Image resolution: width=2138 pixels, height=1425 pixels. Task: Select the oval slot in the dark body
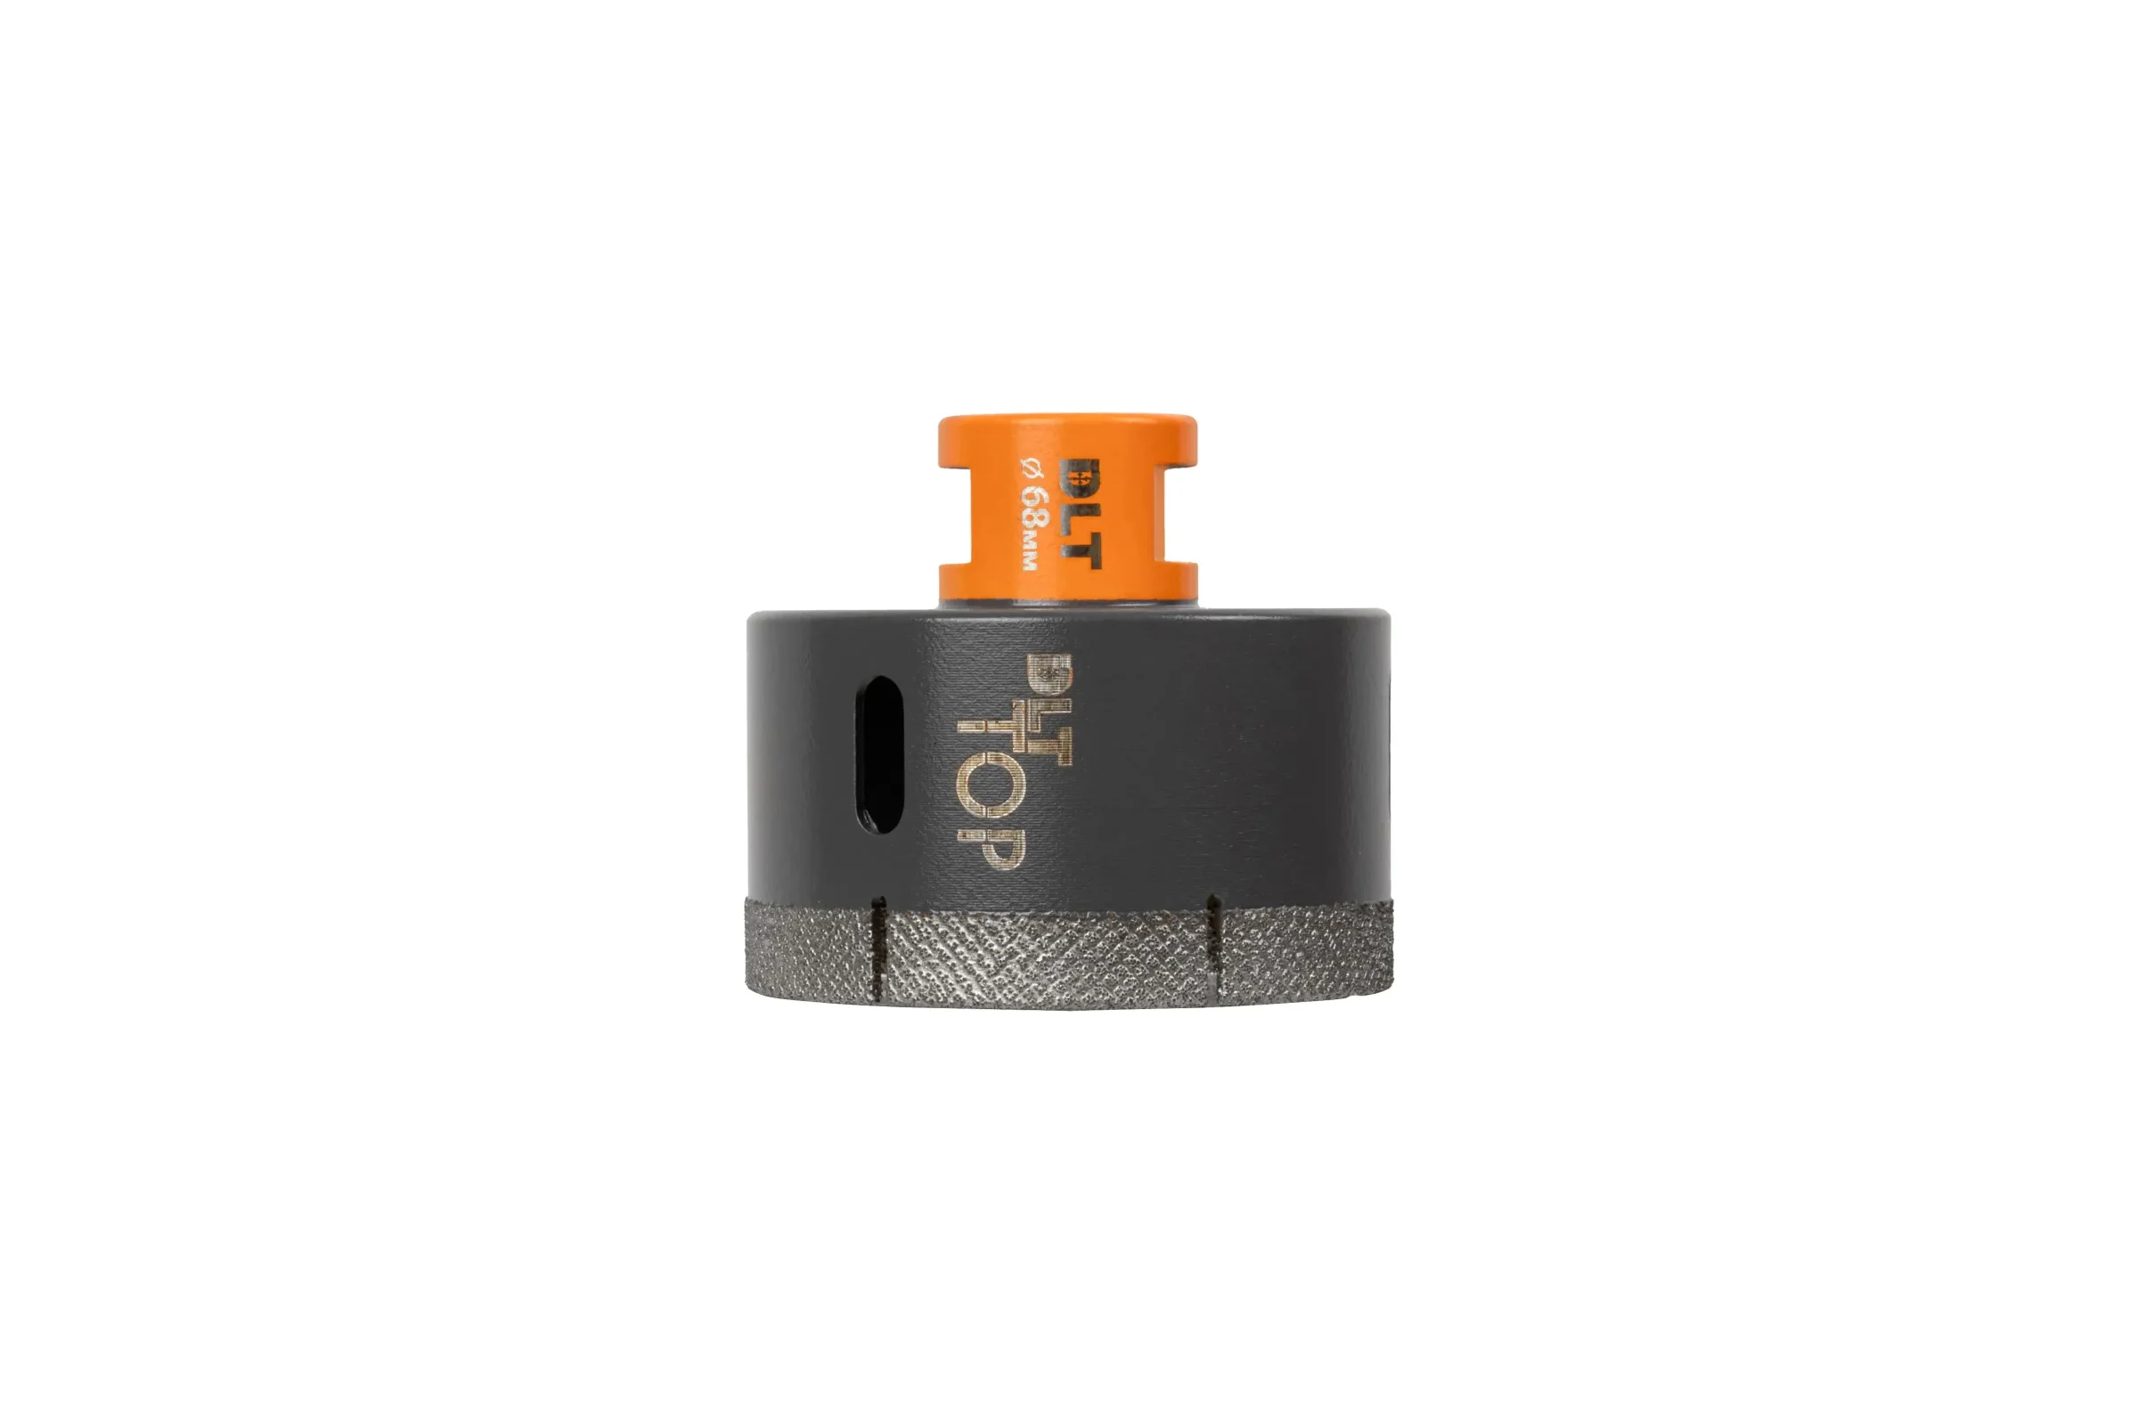coord(880,754)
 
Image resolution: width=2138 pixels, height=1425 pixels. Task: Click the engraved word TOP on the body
coord(990,792)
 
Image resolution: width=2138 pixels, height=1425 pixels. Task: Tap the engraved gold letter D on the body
coord(1049,677)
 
